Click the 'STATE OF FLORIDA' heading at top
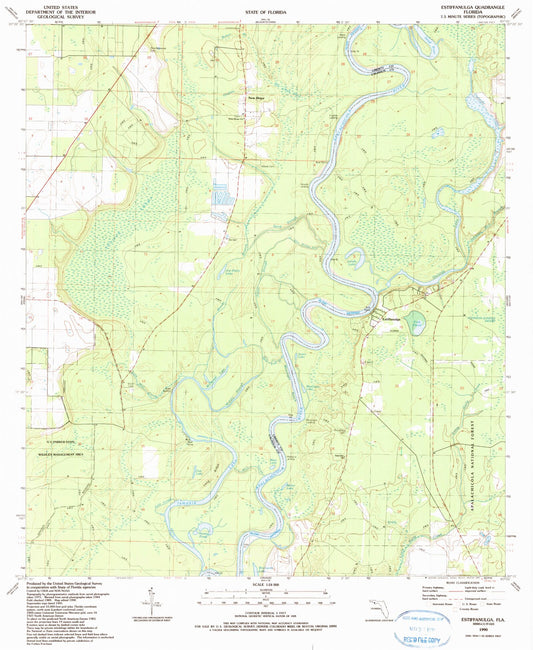coord(266,9)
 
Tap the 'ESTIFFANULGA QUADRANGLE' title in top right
coord(469,5)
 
